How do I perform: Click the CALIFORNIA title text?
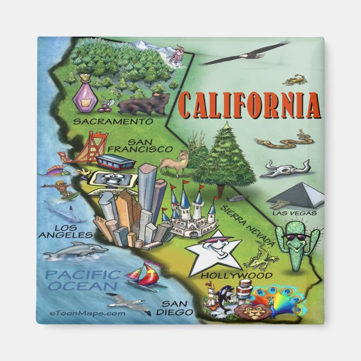click(x=250, y=105)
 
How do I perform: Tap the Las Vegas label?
click(x=294, y=213)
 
